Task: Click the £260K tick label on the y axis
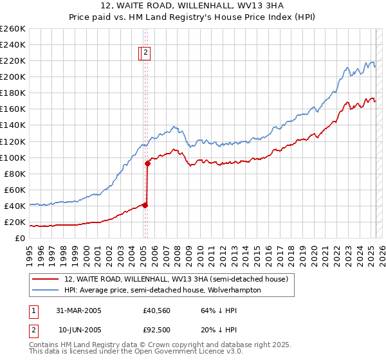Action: coord(13,28)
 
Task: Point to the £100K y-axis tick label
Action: coord(13,157)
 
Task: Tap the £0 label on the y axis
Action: coord(20,239)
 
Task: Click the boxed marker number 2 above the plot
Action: coord(146,53)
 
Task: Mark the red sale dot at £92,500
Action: coord(147,163)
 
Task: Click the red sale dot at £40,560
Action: coord(145,205)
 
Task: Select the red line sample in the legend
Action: coord(46,279)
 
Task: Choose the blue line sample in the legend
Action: coord(46,290)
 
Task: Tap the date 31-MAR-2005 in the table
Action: coord(79,310)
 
